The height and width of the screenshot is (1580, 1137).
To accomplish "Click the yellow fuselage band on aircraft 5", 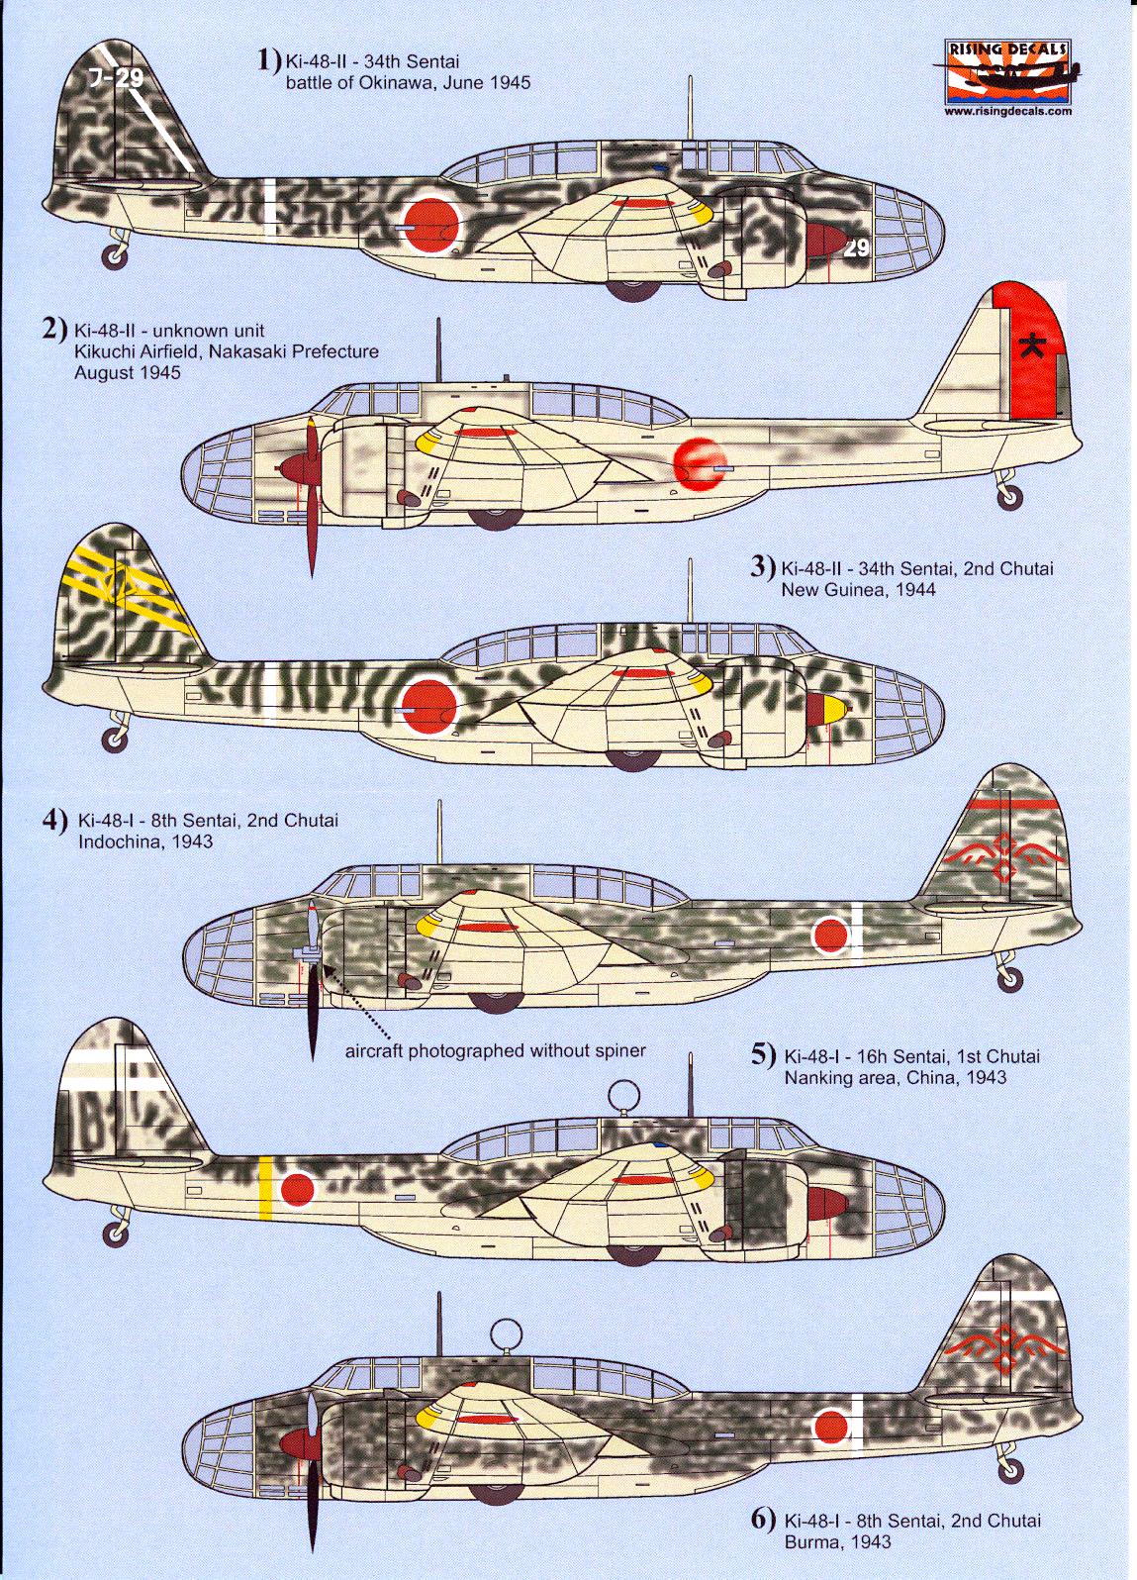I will (265, 1187).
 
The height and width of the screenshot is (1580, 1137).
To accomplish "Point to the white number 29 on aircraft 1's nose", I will (856, 247).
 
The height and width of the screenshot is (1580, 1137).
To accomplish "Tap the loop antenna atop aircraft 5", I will (622, 1095).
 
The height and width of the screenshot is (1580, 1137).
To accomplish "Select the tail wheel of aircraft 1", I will (116, 256).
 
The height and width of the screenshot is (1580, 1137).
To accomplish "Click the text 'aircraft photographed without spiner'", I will (495, 1050).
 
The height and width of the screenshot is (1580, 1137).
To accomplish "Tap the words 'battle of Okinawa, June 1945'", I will (408, 83).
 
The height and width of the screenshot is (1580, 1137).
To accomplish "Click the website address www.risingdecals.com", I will (1007, 112).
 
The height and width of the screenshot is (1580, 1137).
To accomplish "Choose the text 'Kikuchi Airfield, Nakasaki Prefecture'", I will (227, 351).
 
